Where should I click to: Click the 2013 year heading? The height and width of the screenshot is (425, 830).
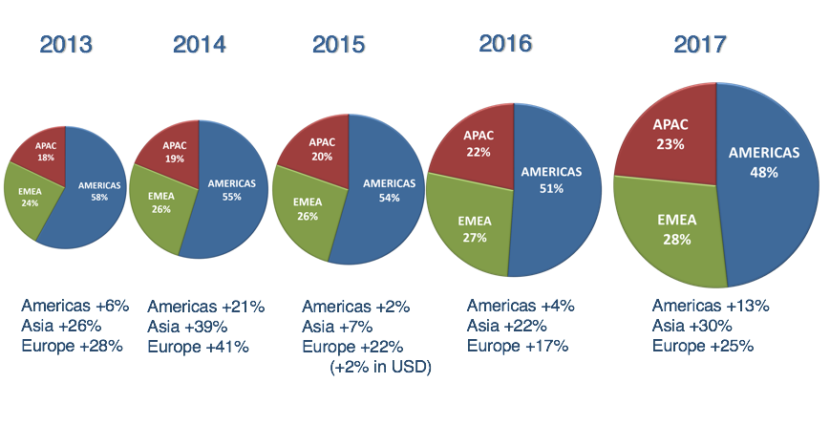click(65, 44)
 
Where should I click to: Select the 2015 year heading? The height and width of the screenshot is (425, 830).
click(339, 44)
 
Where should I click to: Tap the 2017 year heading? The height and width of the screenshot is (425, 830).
click(700, 44)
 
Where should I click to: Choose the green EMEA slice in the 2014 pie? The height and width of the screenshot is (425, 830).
click(158, 205)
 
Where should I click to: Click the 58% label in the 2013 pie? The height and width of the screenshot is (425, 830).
click(99, 197)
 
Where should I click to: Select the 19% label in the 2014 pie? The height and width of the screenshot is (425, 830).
click(175, 159)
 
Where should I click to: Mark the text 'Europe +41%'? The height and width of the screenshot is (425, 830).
click(198, 347)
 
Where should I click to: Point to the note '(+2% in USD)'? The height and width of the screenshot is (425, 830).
click(380, 367)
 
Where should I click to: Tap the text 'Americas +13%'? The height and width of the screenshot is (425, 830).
click(711, 306)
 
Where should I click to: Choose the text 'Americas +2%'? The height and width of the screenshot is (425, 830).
click(355, 307)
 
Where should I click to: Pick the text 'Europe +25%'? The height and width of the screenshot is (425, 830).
click(703, 346)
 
